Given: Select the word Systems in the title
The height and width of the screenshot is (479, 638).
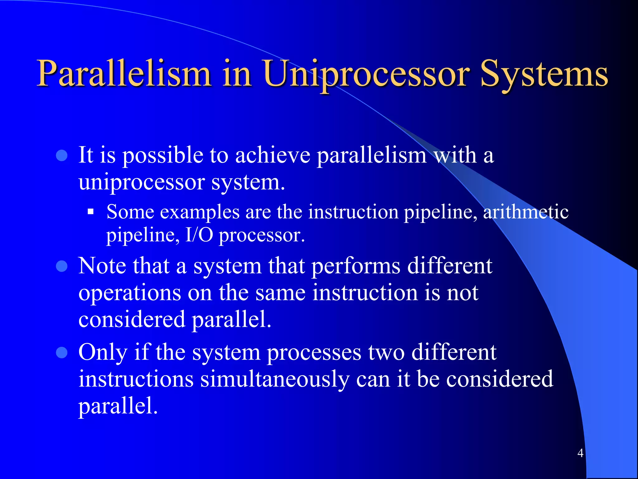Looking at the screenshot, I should (x=544, y=74).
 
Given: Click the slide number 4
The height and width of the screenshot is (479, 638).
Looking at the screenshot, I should (x=580, y=453).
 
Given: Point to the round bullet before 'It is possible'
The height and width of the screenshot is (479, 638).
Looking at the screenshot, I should (x=62, y=155).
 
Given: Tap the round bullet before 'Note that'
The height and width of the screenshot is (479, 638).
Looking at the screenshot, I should (x=62, y=266).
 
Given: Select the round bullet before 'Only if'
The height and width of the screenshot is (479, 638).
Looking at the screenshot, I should (x=62, y=353).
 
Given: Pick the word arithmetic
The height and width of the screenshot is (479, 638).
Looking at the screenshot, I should (x=526, y=212).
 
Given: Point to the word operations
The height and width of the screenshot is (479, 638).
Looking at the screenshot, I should (x=130, y=293).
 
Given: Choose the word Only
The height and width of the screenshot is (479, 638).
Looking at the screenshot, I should (x=103, y=352).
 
